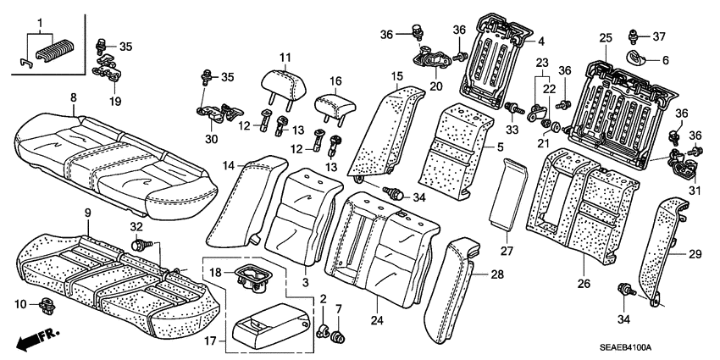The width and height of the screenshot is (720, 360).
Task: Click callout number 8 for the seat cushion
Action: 74,98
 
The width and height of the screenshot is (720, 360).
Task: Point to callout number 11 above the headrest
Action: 285,58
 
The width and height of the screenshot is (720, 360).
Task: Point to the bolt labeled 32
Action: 140,246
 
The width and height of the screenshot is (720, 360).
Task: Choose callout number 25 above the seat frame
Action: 605,38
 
